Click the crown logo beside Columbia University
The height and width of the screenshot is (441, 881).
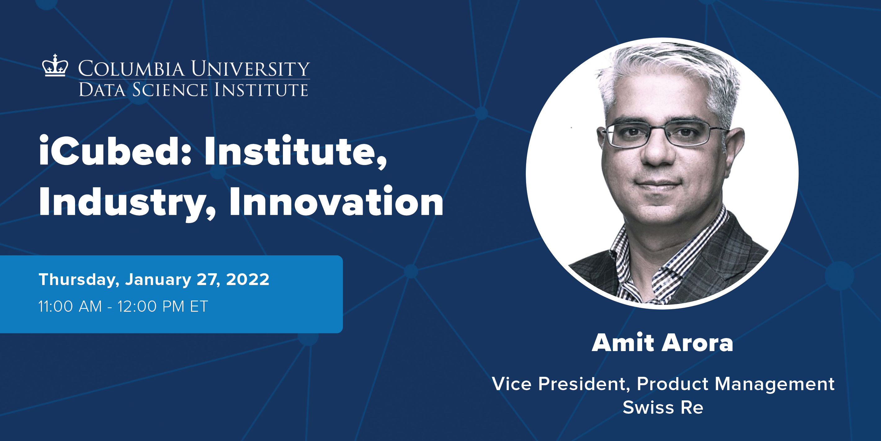click(55, 66)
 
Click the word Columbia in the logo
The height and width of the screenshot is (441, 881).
click(132, 69)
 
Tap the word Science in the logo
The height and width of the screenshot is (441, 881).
click(170, 90)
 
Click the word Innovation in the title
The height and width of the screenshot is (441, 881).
click(336, 203)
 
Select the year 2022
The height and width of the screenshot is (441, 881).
click(248, 280)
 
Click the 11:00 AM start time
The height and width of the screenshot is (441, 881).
click(70, 306)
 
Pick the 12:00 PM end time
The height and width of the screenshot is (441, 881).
click(151, 306)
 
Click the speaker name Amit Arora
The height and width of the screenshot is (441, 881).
click(663, 343)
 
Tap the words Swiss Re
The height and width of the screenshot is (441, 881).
click(663, 408)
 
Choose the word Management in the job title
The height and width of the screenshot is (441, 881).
click(774, 384)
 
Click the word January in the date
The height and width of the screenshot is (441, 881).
click(158, 280)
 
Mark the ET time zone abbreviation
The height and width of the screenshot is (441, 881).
click(199, 306)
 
